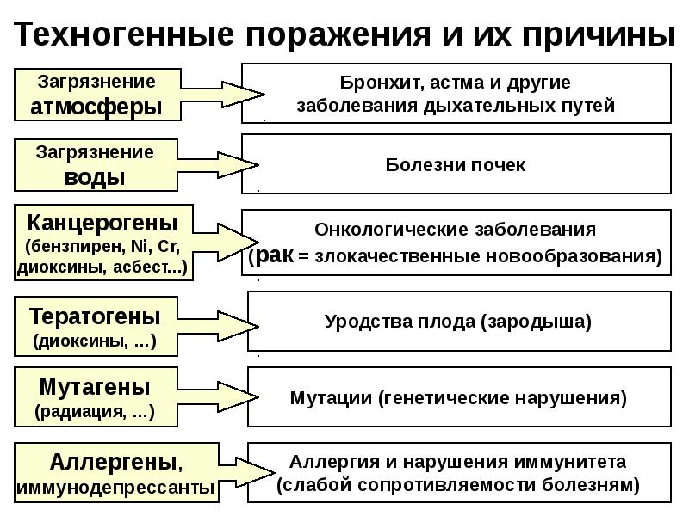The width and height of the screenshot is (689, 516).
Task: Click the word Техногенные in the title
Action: [124, 34]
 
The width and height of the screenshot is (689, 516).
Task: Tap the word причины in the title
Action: [599, 35]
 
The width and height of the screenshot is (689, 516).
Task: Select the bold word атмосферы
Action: [96, 107]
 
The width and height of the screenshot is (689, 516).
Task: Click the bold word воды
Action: [95, 178]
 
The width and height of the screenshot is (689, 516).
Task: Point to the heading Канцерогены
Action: [102, 224]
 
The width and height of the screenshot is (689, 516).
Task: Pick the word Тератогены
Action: [95, 316]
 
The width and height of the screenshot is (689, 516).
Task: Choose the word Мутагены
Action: [95, 387]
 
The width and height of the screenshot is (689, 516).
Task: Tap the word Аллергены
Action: [114, 462]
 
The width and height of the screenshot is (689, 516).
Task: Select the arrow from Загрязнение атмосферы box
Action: [222, 95]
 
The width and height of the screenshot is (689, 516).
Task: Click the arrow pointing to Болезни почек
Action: [218, 165]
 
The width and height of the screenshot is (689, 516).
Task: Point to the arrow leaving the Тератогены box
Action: [218, 326]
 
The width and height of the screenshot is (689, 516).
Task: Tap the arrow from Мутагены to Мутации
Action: [218, 396]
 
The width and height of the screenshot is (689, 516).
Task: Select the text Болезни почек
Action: [456, 165]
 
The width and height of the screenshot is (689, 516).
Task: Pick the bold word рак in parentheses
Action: [274, 255]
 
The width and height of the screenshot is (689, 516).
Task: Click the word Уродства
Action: [369, 322]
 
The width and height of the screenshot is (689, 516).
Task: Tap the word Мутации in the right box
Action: [331, 398]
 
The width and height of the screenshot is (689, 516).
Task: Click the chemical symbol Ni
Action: [139, 246]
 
